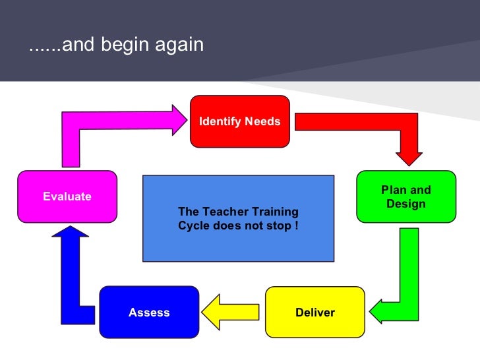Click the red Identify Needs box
(240, 121)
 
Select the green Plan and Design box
(405, 196)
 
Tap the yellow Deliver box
(315, 312)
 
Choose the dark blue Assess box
(149, 312)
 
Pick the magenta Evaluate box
(67, 196)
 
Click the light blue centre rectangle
(238, 218)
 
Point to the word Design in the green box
(406, 204)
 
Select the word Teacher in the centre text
(220, 212)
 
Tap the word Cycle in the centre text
(193, 225)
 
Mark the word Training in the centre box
(271, 212)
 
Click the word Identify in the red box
(221, 121)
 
